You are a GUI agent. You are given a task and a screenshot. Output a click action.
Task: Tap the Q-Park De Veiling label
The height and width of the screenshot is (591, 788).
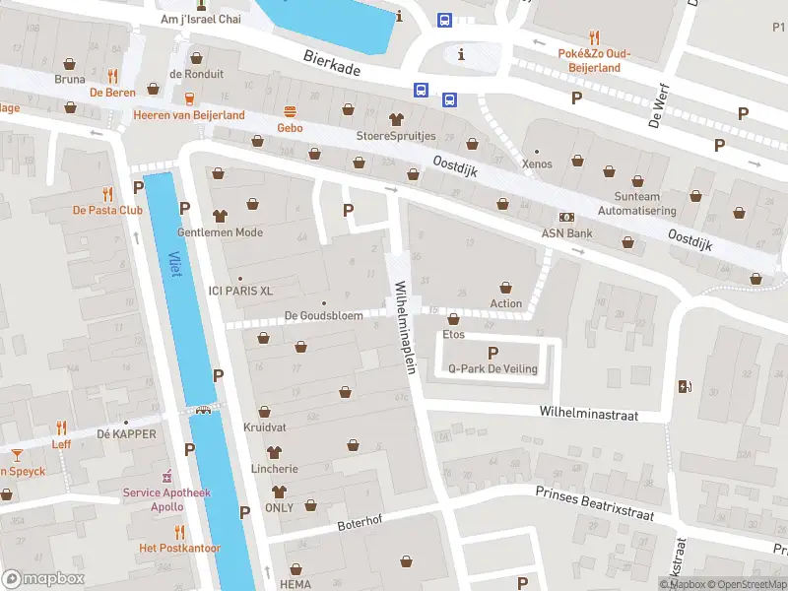(492, 369)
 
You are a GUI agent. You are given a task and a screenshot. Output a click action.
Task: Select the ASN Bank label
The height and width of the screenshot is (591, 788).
(566, 233)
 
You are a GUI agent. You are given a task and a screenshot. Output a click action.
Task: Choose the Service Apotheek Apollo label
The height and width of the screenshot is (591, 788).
(153, 499)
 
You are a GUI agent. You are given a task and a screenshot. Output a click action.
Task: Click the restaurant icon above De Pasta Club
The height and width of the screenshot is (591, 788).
(106, 194)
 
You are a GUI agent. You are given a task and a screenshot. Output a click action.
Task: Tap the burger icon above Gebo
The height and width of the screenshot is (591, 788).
(290, 111)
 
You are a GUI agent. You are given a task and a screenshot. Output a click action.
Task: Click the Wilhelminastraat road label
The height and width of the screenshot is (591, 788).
(588, 415)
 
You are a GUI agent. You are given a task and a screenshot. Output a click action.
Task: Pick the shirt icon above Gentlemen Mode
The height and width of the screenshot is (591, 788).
(220, 216)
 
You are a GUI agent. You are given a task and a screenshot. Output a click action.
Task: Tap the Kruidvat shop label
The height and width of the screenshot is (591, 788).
(264, 427)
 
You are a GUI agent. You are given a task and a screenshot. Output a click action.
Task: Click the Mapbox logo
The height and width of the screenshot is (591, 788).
(42, 578)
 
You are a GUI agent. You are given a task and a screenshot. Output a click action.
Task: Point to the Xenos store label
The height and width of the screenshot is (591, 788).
(537, 164)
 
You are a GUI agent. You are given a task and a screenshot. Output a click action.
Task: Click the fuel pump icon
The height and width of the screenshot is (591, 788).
(684, 387)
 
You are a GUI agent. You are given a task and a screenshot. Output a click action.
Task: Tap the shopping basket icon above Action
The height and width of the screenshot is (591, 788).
(506, 287)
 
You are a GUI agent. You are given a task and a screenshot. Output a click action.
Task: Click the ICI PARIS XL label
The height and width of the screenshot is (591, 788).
(239, 291)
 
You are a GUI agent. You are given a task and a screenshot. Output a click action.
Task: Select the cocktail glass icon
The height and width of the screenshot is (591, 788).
(17, 454)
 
